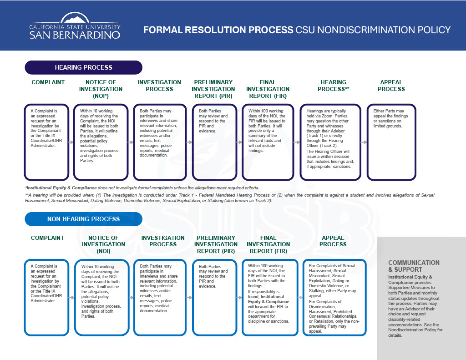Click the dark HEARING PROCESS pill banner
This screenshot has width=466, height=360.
tap(83, 67)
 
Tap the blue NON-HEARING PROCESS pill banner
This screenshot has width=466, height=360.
tap(83, 219)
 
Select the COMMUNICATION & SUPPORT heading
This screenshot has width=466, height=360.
tap(414, 266)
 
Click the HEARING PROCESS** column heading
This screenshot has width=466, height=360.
tap(333, 86)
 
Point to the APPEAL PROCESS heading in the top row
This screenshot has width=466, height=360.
tap(391, 86)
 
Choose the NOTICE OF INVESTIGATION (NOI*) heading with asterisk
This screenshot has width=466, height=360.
tap(101, 89)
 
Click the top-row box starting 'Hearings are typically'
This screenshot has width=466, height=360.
tap(330, 142)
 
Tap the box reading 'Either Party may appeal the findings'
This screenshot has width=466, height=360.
tap(392, 142)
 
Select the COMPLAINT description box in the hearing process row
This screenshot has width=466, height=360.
tap(46, 142)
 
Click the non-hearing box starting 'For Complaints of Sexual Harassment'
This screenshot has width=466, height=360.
tap(334, 297)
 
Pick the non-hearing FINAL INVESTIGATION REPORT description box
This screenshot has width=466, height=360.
tap(268, 297)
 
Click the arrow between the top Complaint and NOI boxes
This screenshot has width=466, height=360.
tap(71, 142)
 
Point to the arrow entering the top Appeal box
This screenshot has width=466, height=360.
tap(364, 142)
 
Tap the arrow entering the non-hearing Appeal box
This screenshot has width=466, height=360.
tap(300, 297)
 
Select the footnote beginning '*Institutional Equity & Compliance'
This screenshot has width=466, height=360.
tap(142, 188)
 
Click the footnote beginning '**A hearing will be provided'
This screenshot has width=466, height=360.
tap(230, 198)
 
